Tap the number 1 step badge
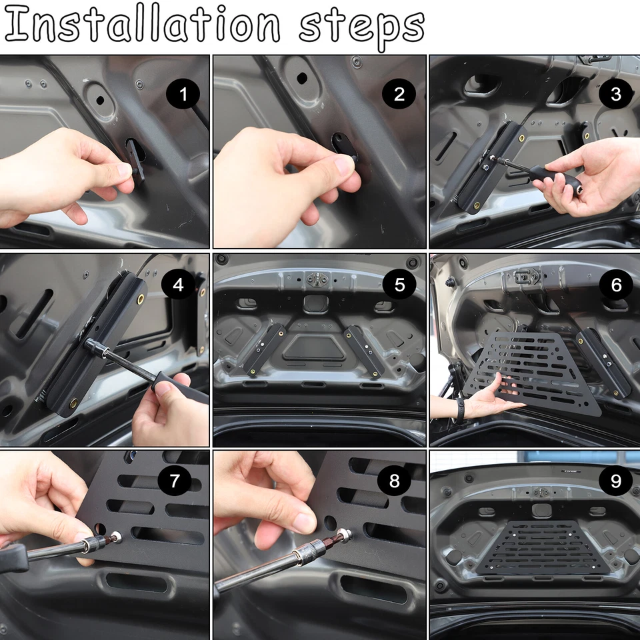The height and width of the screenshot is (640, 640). point(183,95)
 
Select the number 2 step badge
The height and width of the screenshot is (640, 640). point(399,95)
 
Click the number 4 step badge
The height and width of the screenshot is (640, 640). point(178,285)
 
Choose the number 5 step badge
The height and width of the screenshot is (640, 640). point(399,285)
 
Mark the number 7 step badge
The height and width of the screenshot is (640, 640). point(175,481)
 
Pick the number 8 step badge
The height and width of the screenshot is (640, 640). point(394,481)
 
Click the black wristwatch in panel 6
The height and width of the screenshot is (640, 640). point(460,408)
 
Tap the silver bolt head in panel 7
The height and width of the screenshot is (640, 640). point(117,537)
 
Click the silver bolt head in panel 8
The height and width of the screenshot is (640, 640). point(344,535)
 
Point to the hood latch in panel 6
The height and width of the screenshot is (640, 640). point(526,275)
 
